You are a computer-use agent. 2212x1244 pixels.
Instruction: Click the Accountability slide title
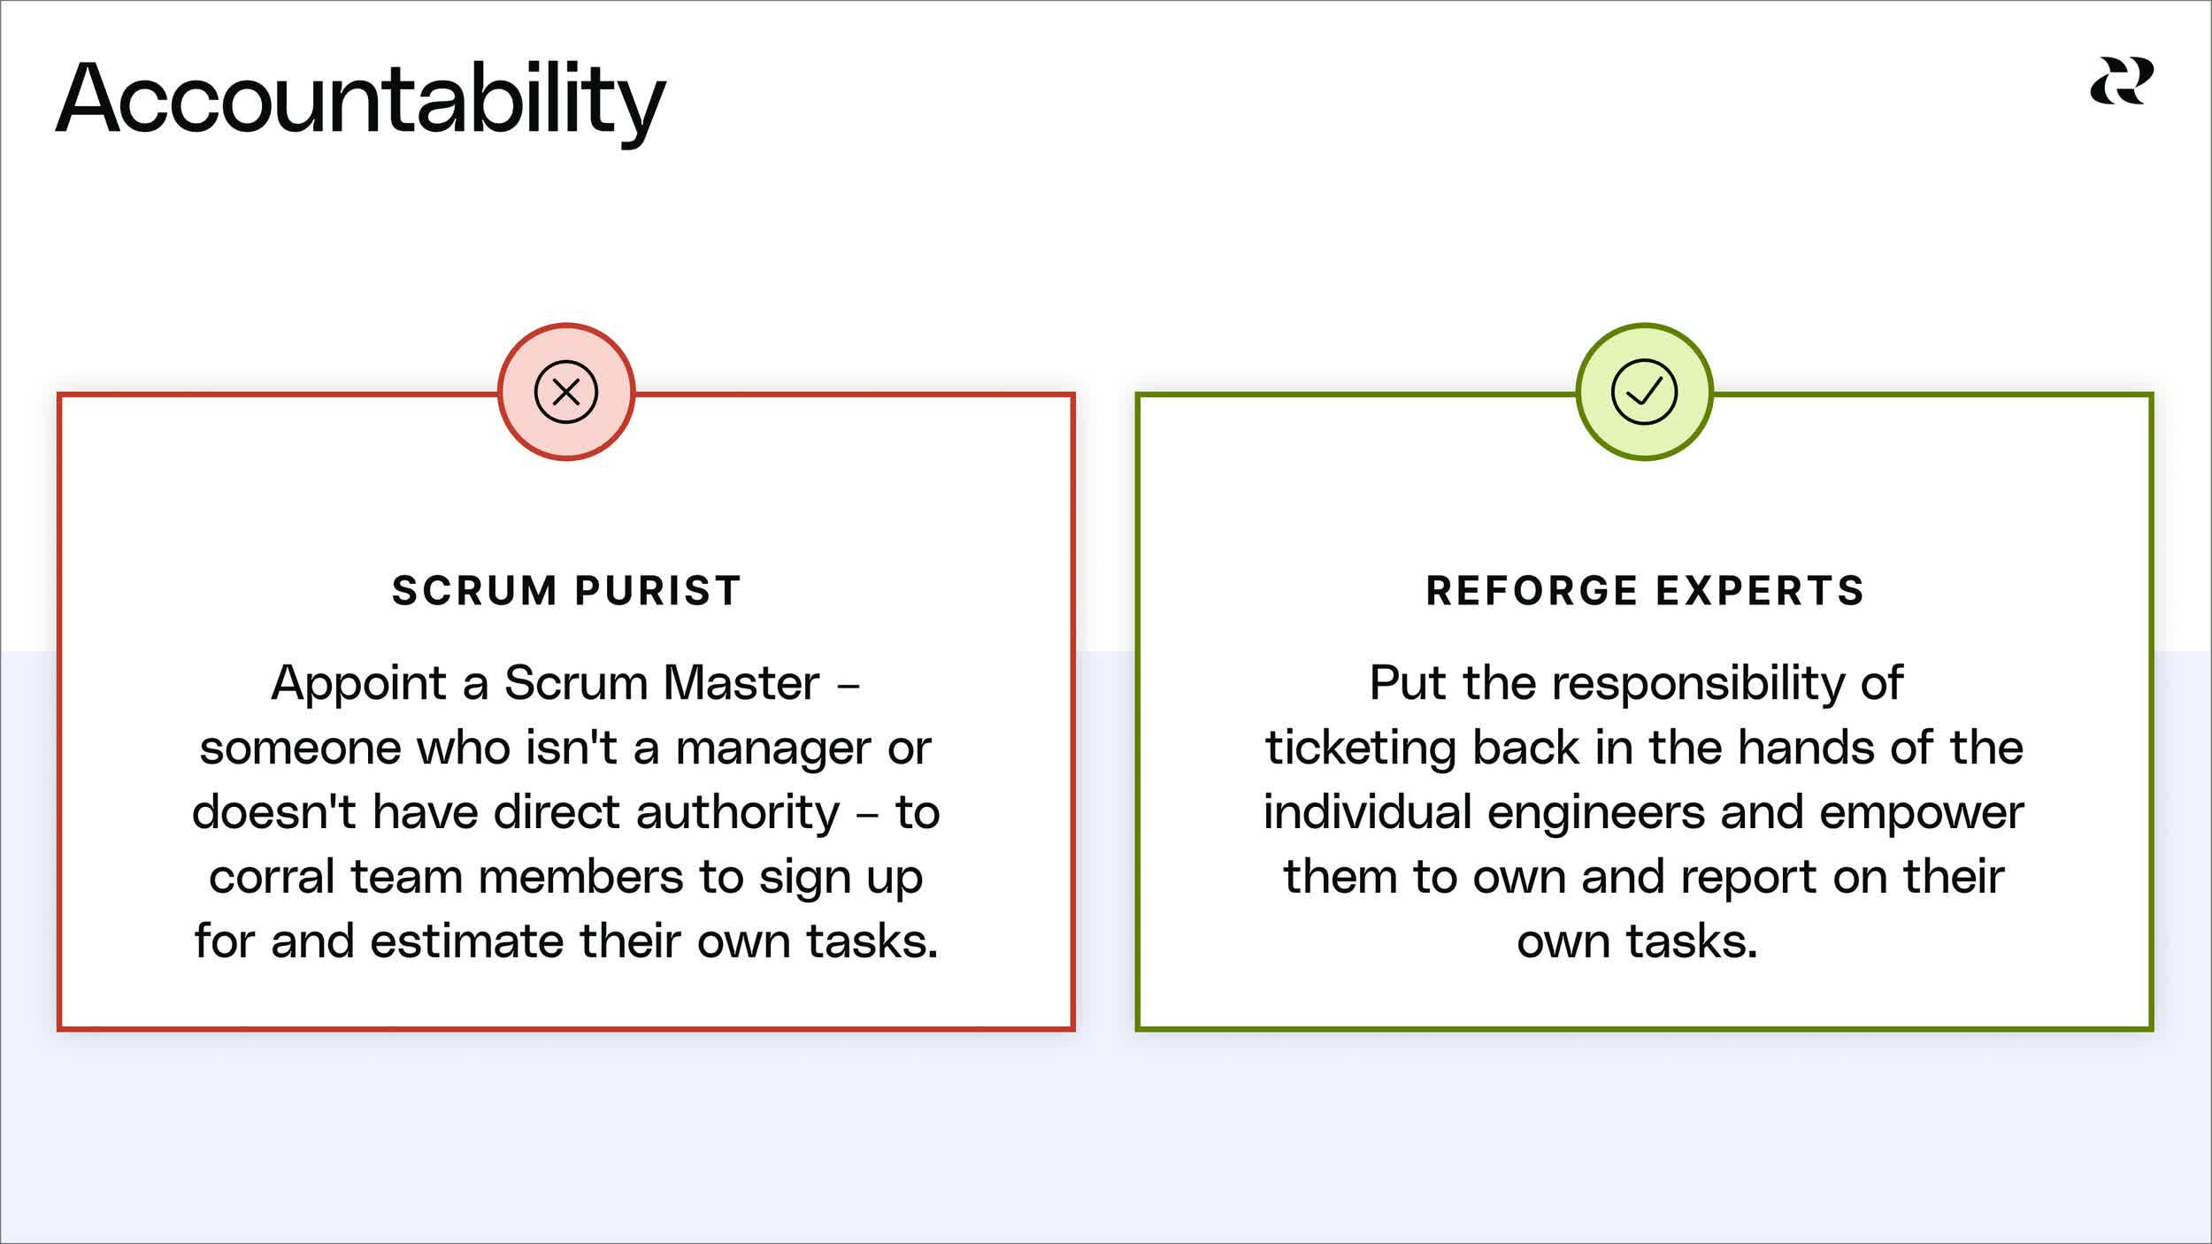pos(360,99)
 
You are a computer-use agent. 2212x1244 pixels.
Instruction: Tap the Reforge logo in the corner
pos(2122,81)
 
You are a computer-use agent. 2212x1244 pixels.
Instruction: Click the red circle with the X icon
pos(566,392)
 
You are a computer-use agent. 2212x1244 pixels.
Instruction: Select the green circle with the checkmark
pos(1644,392)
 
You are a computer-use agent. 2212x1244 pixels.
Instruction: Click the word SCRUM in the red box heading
pos(474,591)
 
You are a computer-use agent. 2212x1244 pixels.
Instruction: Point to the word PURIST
pos(657,591)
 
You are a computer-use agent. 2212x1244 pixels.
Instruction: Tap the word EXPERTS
pos(1760,591)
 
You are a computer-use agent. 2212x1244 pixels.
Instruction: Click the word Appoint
pos(358,684)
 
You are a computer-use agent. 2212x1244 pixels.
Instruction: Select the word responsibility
pos(1698,684)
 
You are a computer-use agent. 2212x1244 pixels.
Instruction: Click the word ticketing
pos(1360,748)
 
